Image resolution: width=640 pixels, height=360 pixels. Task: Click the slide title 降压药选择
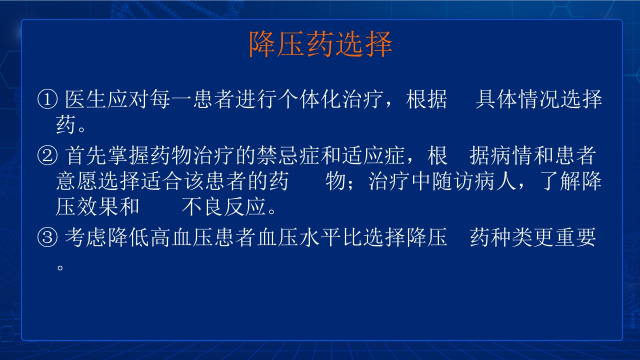tap(320, 44)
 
